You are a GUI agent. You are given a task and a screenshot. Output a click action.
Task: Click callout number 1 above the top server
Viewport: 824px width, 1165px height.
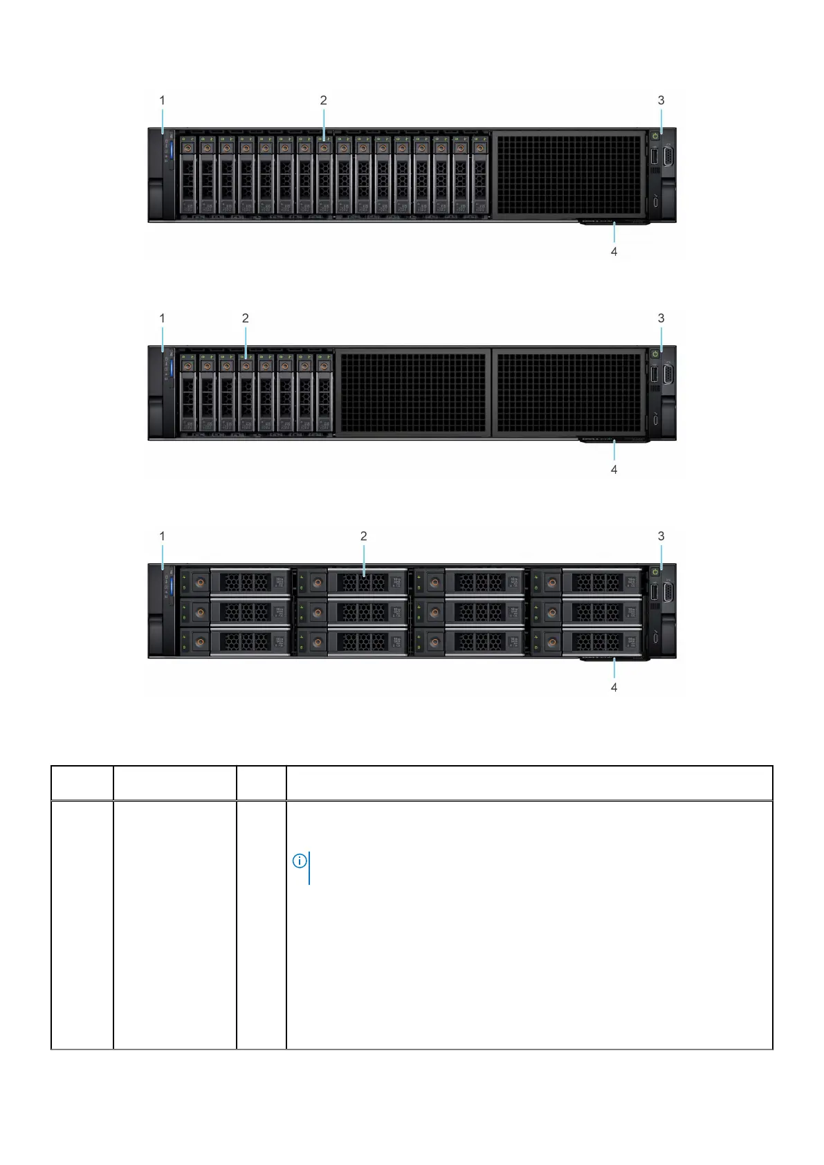(x=163, y=100)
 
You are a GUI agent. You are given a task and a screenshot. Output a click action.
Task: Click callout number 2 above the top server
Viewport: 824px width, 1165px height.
(x=323, y=100)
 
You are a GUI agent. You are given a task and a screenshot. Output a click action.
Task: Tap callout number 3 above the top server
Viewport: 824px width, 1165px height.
(x=661, y=100)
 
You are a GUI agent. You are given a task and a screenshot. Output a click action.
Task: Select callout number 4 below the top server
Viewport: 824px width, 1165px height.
(x=614, y=252)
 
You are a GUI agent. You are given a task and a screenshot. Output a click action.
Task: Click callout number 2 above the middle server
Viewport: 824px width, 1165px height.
(x=245, y=318)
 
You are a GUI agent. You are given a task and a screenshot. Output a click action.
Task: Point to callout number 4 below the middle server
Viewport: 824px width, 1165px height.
(x=614, y=469)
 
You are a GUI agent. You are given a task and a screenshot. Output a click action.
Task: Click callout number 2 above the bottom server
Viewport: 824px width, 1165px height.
(x=363, y=536)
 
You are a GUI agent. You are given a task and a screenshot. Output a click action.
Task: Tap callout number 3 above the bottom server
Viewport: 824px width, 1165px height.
(x=661, y=536)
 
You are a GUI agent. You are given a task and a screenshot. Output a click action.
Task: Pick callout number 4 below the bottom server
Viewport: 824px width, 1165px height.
(x=614, y=687)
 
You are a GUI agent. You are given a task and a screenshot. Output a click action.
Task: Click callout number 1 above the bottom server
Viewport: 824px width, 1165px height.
(x=163, y=536)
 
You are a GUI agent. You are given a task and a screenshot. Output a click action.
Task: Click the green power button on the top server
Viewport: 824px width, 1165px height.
(x=655, y=136)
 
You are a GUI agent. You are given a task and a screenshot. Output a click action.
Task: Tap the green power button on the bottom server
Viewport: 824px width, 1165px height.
(x=655, y=572)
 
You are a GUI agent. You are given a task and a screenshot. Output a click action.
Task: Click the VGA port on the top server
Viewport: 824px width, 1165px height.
(x=670, y=157)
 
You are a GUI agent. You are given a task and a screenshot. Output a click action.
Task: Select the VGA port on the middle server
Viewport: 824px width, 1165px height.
(x=670, y=375)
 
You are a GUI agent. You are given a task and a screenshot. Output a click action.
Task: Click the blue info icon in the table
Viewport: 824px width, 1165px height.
(x=300, y=861)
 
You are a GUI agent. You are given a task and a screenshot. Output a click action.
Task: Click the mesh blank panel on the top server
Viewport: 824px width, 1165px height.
(x=569, y=174)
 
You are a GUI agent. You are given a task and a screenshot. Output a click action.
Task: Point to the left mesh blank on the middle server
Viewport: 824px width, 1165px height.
(x=413, y=392)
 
